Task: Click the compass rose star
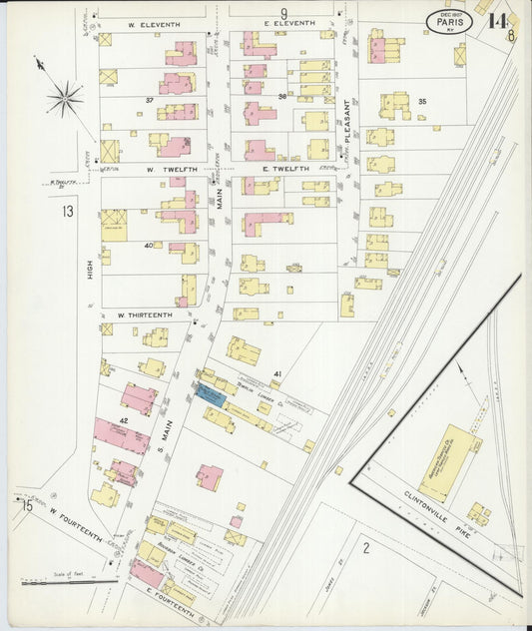(65, 97)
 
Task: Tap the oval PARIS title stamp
(449, 21)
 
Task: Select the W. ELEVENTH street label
(152, 23)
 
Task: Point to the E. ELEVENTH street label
(288, 23)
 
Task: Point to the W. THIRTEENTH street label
(144, 315)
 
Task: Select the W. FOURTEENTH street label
(75, 523)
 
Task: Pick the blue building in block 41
(210, 393)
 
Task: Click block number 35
(422, 102)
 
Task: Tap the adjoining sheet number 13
(67, 211)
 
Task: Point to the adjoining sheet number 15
(26, 506)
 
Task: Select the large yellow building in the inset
(448, 461)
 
